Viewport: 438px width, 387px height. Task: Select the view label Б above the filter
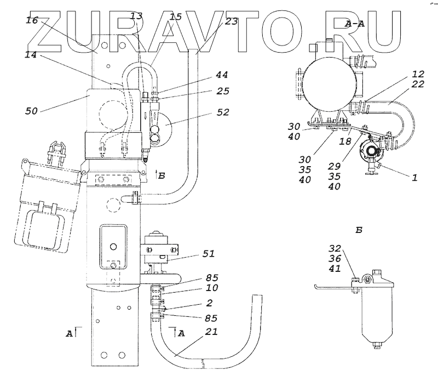tap(359, 230)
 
